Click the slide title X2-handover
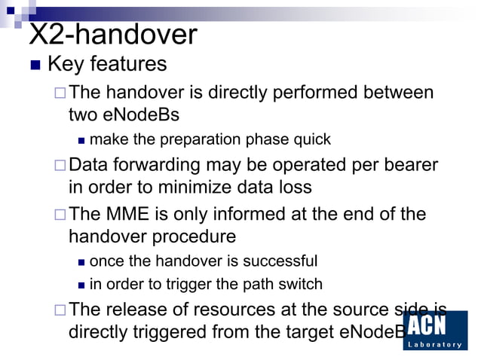[112, 34]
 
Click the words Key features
[107, 64]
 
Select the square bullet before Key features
[35, 66]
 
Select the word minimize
[185, 187]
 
